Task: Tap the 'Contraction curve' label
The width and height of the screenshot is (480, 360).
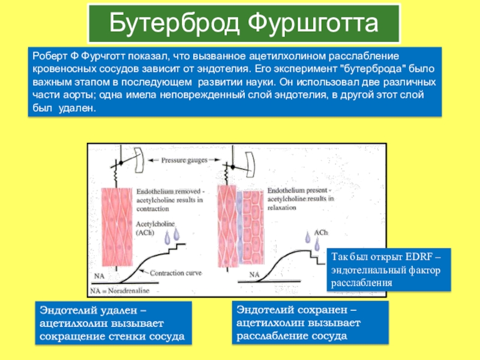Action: tap(176, 273)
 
